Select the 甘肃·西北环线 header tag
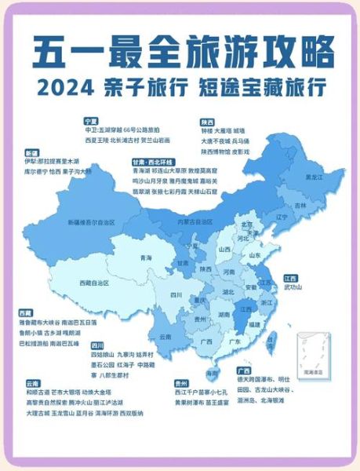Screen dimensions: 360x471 (x=151, y=160)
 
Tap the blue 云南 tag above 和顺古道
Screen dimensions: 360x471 (x=32, y=382)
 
